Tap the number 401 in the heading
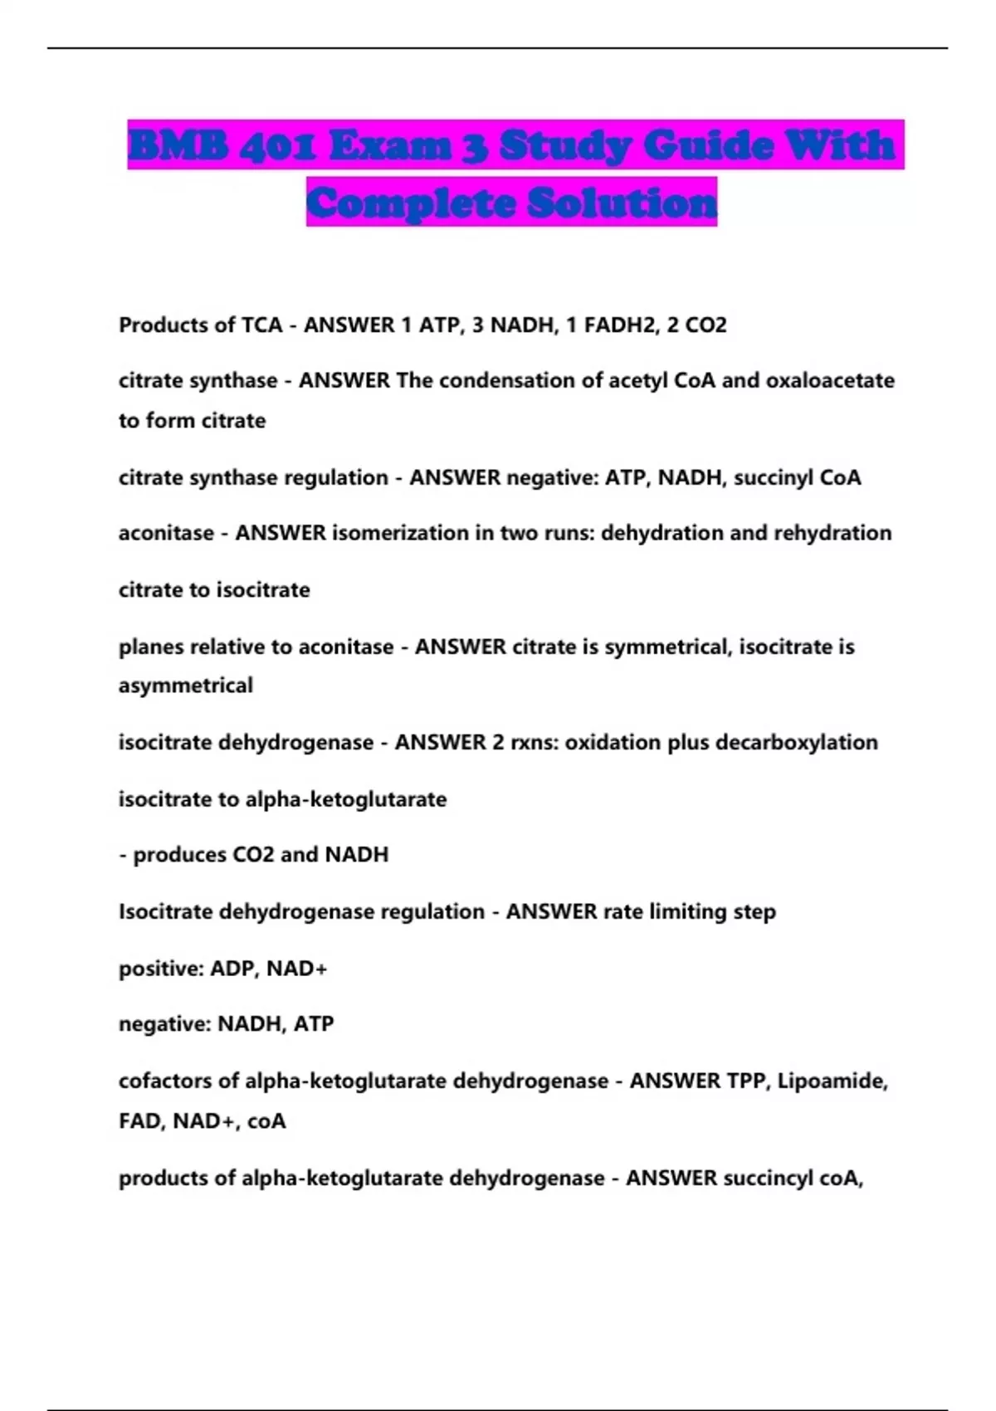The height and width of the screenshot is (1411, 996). [277, 146]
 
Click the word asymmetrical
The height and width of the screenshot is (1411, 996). [185, 686]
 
